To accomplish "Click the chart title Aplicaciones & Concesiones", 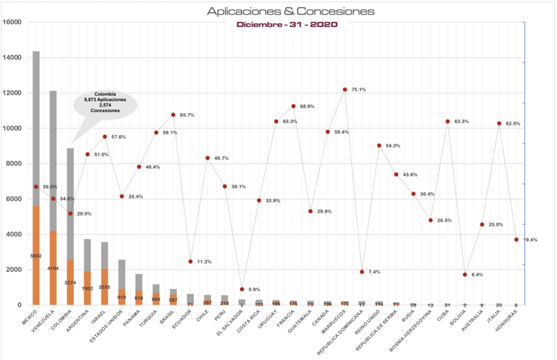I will point(290,11).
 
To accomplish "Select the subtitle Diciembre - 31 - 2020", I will point(286,24).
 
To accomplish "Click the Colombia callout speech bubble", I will point(105,103).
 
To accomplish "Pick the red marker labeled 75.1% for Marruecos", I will point(345,89).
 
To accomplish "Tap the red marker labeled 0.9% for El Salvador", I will point(242,289).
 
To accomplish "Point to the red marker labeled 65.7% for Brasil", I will point(174,115).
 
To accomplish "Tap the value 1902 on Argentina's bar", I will point(88,288).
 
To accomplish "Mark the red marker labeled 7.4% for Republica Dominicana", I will point(362,271).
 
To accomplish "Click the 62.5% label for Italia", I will point(512,124).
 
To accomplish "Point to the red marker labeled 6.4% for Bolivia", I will point(465,275).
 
